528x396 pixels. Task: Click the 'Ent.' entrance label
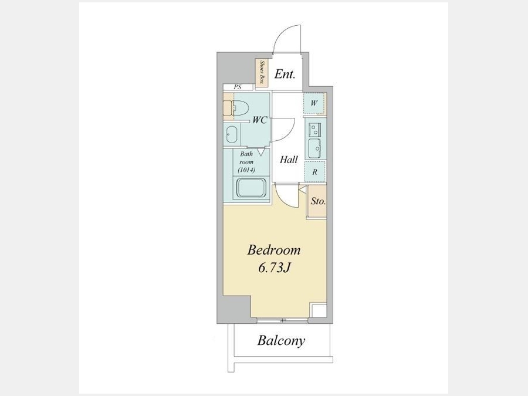285,74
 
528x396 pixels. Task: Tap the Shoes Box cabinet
262,73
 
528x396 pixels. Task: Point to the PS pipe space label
238,87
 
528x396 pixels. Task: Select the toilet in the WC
241,109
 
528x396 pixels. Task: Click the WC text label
260,120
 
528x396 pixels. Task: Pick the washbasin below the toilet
231,134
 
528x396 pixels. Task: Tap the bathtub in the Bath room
252,188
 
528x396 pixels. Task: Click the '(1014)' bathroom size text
246,170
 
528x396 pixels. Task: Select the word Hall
289,159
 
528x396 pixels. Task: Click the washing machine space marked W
314,103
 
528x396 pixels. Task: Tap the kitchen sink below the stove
315,148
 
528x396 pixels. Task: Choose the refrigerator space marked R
315,172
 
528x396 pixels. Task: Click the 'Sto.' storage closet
317,201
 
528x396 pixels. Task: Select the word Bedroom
274,250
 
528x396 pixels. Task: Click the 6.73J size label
274,268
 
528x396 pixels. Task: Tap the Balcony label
281,340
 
